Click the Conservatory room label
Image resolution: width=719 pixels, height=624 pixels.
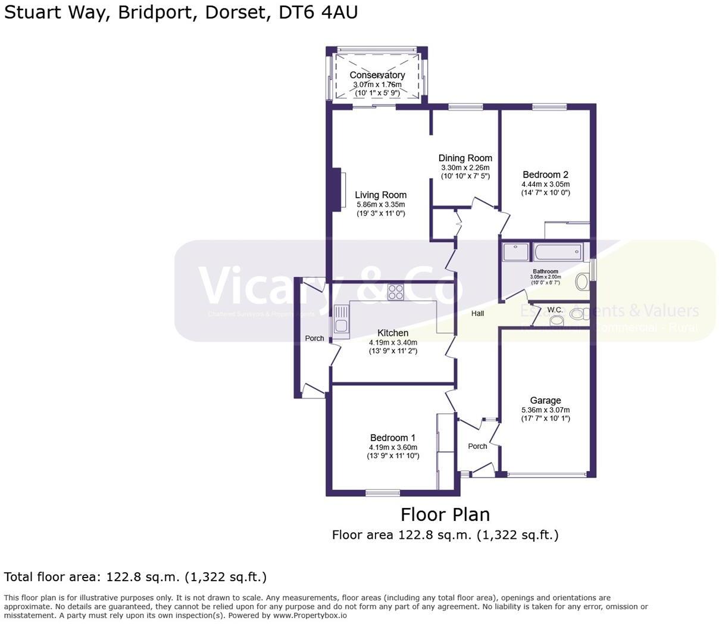point(377,75)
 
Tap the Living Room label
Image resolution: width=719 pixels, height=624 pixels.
point(380,195)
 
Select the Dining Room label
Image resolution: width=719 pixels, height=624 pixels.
point(465,158)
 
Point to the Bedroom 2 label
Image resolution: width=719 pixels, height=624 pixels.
point(545,174)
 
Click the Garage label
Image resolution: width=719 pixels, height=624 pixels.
point(545,400)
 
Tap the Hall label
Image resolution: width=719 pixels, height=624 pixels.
point(477,313)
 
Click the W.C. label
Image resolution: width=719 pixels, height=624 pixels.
point(555,310)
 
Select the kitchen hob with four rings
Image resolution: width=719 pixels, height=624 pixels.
point(396,292)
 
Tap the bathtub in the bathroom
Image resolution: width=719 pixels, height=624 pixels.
point(557,252)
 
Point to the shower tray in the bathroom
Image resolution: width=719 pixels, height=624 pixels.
point(515,252)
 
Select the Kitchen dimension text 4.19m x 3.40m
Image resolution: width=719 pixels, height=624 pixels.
point(393,342)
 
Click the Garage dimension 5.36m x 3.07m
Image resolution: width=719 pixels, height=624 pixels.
point(545,410)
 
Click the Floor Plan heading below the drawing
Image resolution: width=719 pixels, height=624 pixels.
point(445,514)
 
